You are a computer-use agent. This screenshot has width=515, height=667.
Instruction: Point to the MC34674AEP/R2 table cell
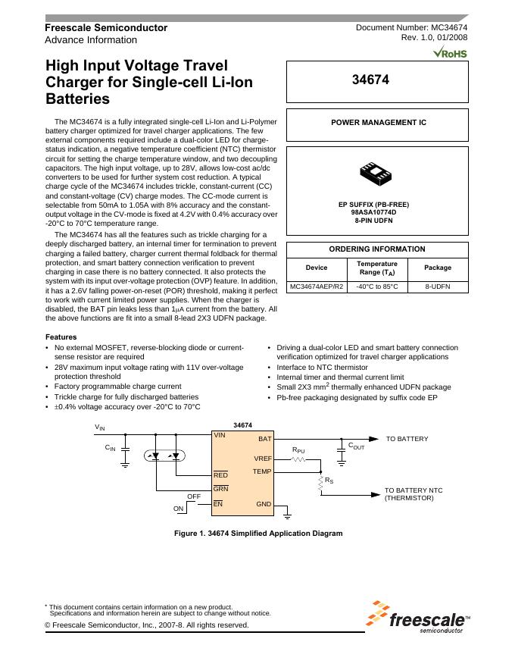[x=317, y=287]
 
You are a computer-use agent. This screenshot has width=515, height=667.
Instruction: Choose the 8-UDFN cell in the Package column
[x=437, y=287]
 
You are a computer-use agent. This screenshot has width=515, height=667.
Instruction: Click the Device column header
[x=317, y=268]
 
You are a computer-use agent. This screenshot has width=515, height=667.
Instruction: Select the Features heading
[x=61, y=337]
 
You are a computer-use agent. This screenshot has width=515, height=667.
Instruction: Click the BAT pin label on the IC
[x=264, y=439]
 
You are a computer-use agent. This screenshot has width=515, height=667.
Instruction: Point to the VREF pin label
[x=262, y=459]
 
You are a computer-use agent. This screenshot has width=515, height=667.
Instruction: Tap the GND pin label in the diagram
[x=263, y=504]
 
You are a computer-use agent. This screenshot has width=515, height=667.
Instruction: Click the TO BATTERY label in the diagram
[x=407, y=439]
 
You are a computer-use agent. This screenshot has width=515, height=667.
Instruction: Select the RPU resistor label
[x=298, y=450]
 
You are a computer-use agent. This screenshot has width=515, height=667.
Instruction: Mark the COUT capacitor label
[x=356, y=447]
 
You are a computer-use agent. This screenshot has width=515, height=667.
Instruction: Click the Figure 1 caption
[x=258, y=533]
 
